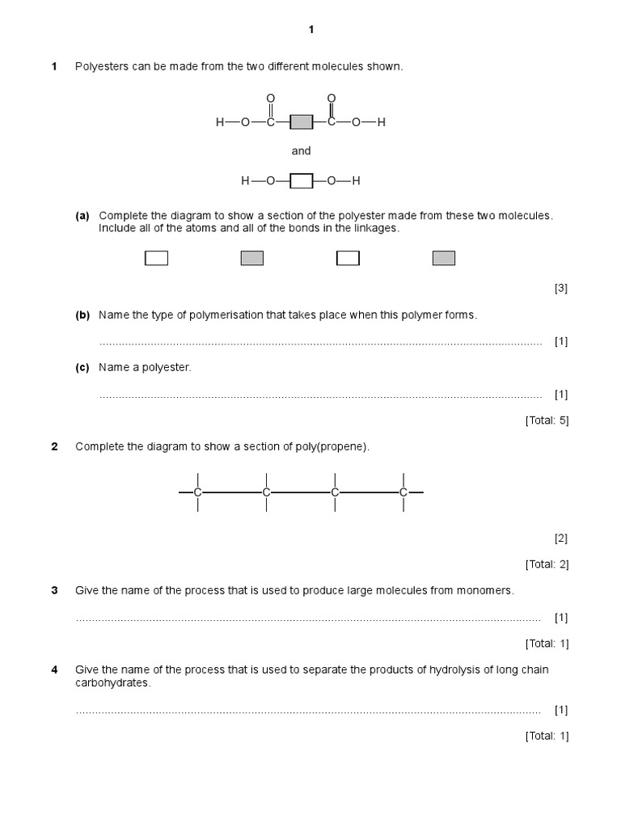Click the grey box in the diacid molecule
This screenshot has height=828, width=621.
click(x=301, y=123)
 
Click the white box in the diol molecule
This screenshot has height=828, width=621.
click(x=301, y=181)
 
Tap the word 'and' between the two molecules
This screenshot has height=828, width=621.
click(x=301, y=151)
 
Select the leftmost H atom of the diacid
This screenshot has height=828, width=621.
click(x=219, y=123)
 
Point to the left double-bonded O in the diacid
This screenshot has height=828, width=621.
click(x=271, y=99)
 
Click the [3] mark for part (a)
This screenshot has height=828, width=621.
click(x=560, y=288)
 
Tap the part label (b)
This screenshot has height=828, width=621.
click(x=82, y=315)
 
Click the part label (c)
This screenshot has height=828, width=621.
click(x=82, y=367)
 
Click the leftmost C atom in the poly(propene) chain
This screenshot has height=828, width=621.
click(x=198, y=492)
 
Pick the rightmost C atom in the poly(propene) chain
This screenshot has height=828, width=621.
click(x=403, y=492)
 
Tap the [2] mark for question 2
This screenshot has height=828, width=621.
click(x=560, y=539)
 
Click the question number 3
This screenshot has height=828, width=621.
click(x=55, y=590)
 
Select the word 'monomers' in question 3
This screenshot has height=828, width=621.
click(x=488, y=590)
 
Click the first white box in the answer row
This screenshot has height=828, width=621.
click(x=156, y=258)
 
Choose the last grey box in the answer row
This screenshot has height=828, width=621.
click(x=444, y=258)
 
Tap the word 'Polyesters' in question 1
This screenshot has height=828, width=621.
click(x=101, y=66)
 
